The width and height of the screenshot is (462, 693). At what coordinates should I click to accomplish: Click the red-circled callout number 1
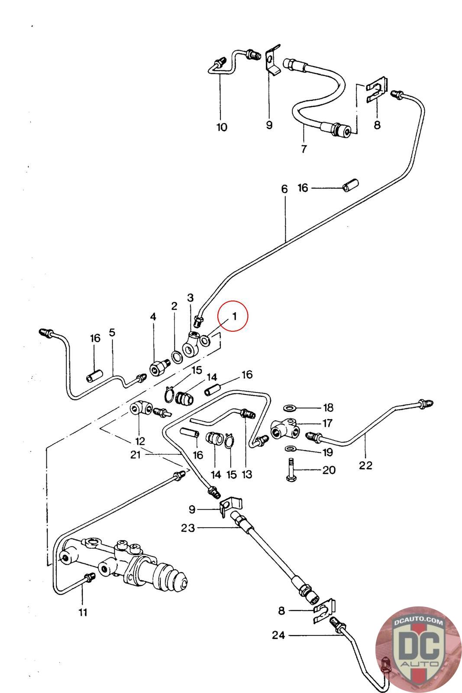click(234, 316)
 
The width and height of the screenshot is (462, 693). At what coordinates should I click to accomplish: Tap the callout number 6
click(284, 189)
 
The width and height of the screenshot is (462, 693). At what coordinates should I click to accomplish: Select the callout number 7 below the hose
click(304, 149)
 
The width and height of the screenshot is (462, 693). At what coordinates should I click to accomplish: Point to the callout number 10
click(222, 127)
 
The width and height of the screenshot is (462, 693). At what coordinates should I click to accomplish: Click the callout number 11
click(83, 612)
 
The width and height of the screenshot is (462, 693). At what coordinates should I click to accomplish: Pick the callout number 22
click(365, 465)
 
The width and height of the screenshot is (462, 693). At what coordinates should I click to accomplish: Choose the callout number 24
click(278, 635)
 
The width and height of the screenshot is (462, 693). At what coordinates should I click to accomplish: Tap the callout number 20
click(329, 470)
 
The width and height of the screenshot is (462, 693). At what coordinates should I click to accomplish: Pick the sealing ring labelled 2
click(177, 357)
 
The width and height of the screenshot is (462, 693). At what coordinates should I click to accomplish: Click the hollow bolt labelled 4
click(160, 367)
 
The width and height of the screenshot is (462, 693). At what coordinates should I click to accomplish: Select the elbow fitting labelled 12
click(140, 410)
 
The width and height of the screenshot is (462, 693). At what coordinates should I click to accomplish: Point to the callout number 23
click(188, 528)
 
